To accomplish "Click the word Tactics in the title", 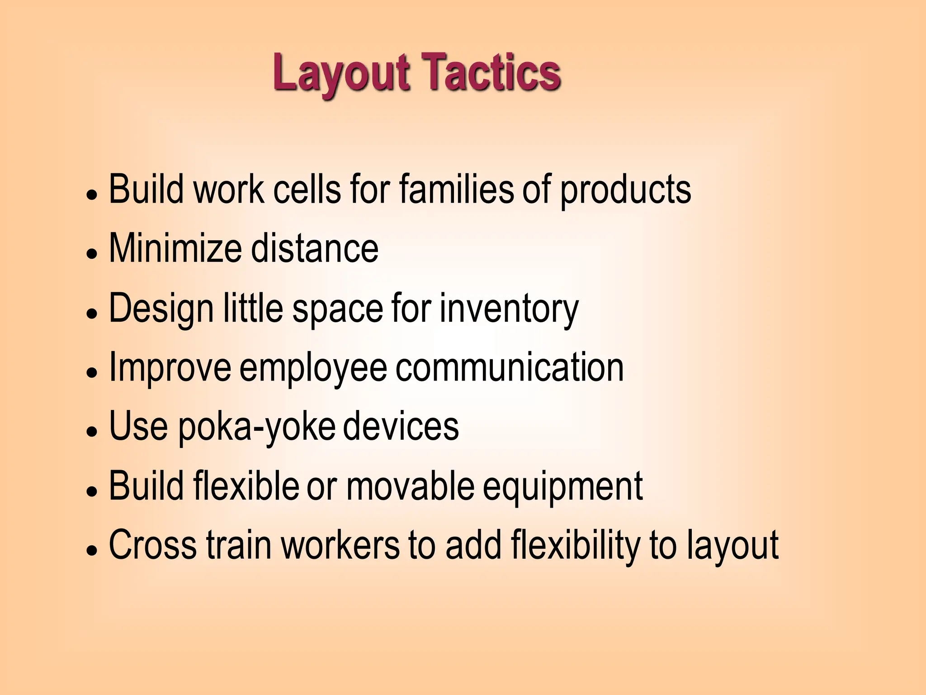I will pos(492,72).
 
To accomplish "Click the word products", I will pos(626,190).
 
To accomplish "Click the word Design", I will pos(161,309).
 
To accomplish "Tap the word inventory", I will pos(509,309).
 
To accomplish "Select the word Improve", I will pos(170,367).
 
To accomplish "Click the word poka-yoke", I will pos(257,427).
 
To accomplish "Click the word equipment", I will pos(562,487).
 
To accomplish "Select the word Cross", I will pos(153,545).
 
